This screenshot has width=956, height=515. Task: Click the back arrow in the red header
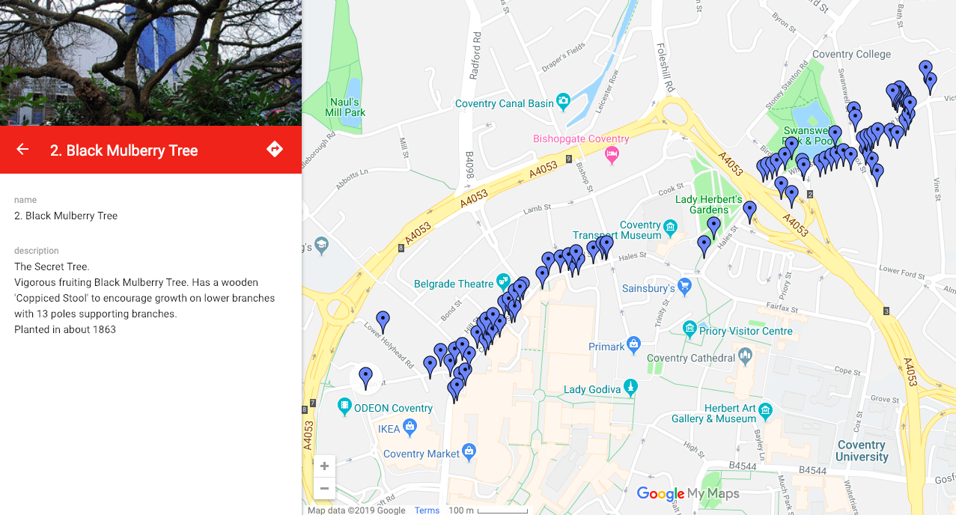22,149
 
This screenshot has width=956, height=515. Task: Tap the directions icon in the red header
275,149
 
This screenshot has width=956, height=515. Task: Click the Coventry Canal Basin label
504,103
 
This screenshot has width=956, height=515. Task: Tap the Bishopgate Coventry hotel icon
612,154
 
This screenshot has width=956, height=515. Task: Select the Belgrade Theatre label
454,284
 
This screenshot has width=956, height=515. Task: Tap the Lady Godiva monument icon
631,387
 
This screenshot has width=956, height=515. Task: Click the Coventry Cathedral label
690,358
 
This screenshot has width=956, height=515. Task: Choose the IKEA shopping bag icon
409,427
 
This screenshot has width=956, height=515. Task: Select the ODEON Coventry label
393,408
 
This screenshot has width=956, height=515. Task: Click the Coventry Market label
421,454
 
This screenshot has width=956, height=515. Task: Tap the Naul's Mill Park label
346,107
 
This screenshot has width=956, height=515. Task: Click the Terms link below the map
427,511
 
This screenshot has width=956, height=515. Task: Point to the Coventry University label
862,451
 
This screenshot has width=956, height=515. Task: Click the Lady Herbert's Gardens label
708,204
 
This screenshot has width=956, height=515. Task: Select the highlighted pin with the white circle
365,377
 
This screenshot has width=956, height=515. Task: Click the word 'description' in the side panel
36,251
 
